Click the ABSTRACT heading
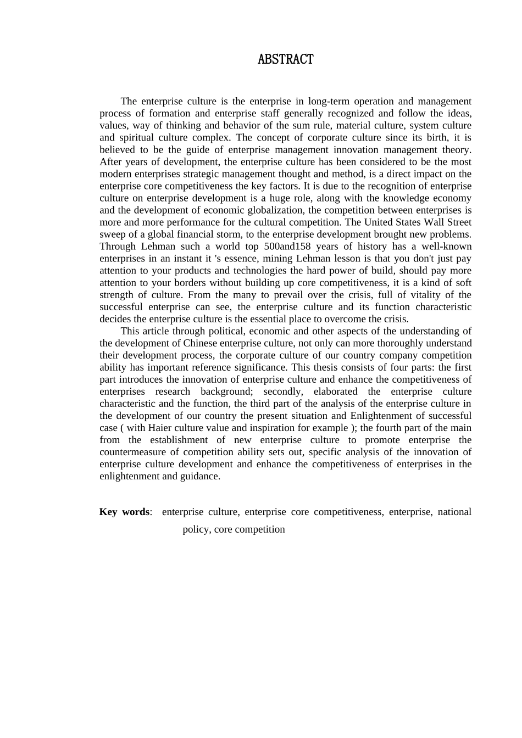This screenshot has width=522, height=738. coord(285,60)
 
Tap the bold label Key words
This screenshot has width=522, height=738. coord(124,512)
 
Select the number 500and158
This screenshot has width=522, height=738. coord(290,247)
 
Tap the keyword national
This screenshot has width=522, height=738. coord(454,512)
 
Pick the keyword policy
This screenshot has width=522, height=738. coord(195,529)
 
